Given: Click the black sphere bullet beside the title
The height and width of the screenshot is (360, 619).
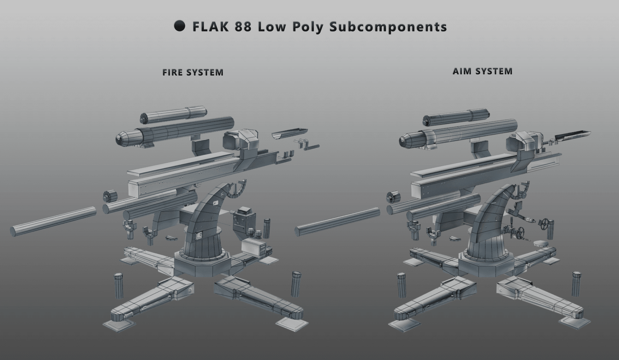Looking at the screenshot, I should point(179,26).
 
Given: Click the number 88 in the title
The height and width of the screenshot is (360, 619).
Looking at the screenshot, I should point(242,27).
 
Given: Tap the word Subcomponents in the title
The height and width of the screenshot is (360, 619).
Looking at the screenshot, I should point(388,27).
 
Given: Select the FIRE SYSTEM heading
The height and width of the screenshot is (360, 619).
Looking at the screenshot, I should point(193,73).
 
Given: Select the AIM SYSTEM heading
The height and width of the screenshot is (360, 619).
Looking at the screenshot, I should point(482,71).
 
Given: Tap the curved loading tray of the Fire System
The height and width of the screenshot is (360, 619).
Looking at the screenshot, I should point(290,133).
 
